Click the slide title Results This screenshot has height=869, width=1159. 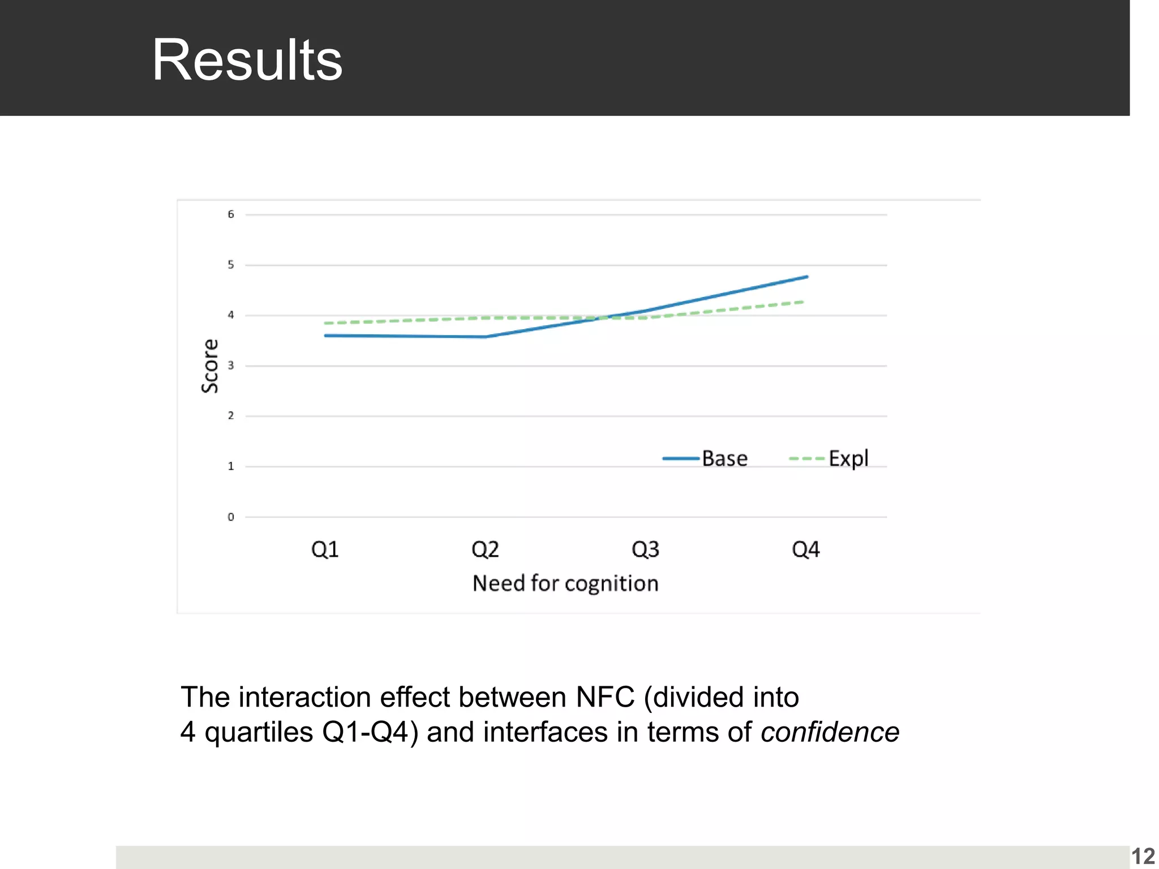[247, 60]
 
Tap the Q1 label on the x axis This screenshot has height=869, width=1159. [325, 549]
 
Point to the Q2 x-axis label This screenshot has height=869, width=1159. [485, 549]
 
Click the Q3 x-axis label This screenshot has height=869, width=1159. [645, 549]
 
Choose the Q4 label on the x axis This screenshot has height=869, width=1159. [805, 549]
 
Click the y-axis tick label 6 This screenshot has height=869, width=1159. [231, 214]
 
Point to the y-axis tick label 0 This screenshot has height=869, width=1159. [231, 517]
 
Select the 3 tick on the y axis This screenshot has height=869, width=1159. [231, 365]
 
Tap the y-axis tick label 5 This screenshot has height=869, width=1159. [231, 265]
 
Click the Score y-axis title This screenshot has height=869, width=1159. [210, 365]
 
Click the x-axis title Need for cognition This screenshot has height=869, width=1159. [565, 583]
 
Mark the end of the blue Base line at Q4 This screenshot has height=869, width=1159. [806, 277]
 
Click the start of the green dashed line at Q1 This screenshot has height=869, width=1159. [326, 323]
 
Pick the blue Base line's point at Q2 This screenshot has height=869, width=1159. [485, 337]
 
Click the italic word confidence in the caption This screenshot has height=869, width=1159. [830, 732]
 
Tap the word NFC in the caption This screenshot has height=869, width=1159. [605, 697]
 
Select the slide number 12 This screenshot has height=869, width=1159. [1143, 856]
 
